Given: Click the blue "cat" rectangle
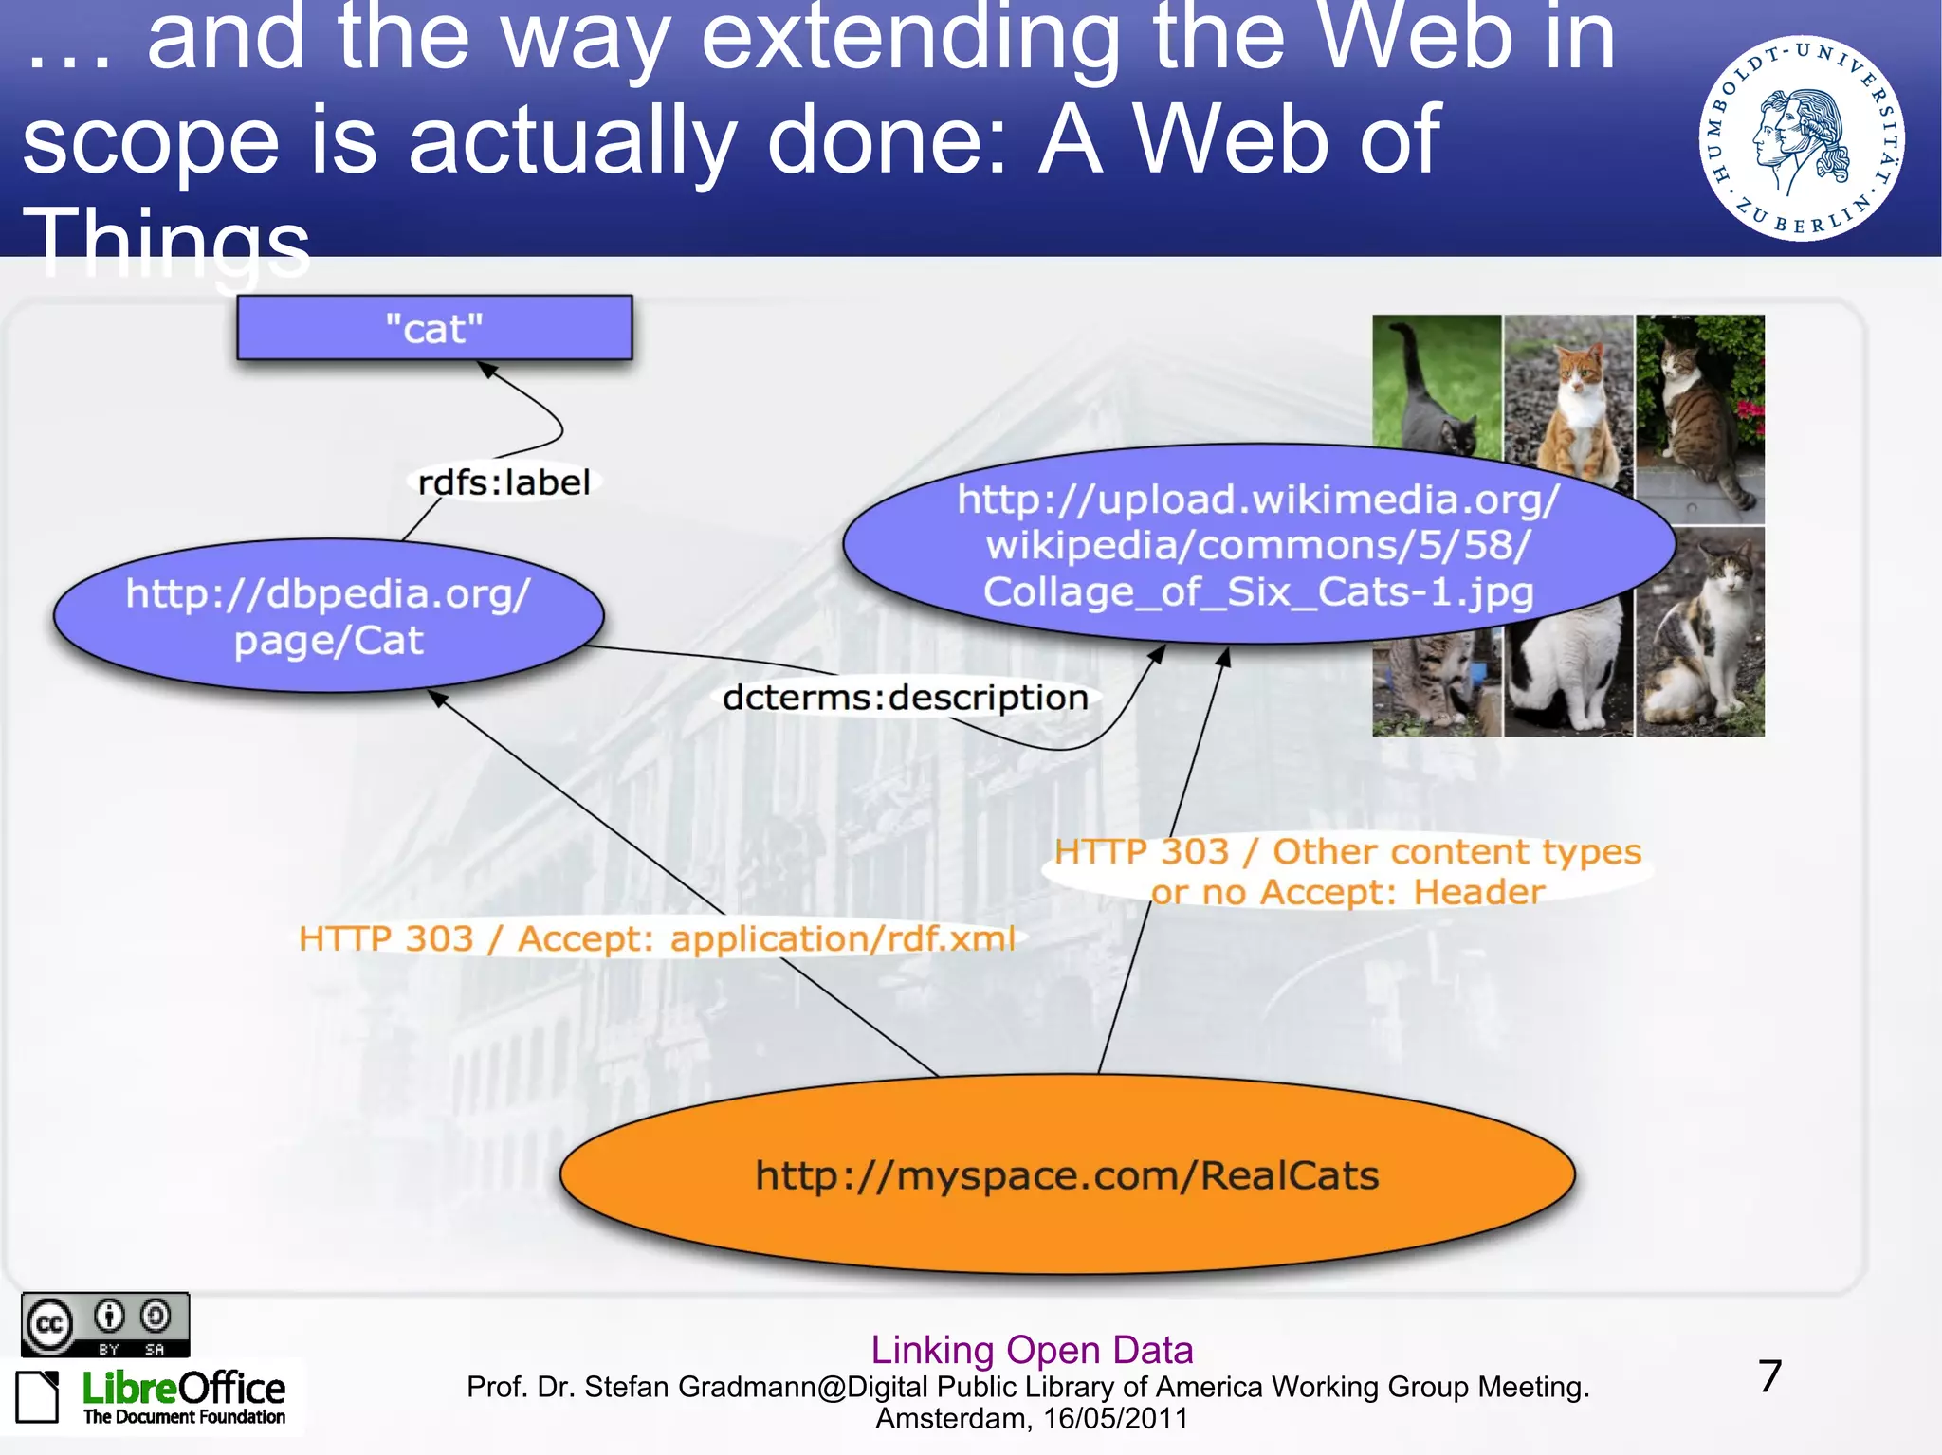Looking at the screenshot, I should click(434, 328).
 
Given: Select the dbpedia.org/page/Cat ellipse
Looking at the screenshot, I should click(328, 616).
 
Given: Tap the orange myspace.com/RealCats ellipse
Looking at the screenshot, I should click(1067, 1175).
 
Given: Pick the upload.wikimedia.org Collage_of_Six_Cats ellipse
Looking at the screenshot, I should click(1258, 545).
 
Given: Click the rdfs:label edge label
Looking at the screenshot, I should click(504, 482).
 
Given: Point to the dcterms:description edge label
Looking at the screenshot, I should click(905, 698).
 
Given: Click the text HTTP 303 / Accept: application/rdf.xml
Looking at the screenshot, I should click(656, 938).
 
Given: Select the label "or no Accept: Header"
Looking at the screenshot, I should click(1347, 892).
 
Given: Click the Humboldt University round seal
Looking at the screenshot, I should click(1801, 138).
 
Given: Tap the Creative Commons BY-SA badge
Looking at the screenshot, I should click(105, 1324).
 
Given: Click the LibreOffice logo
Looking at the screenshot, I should click(152, 1396).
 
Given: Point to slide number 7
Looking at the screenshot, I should click(1769, 1376).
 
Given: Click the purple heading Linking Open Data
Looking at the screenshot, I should click(1032, 1349).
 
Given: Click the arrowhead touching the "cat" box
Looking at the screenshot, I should click(487, 369).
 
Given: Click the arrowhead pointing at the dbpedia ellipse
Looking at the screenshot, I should click(437, 699).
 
